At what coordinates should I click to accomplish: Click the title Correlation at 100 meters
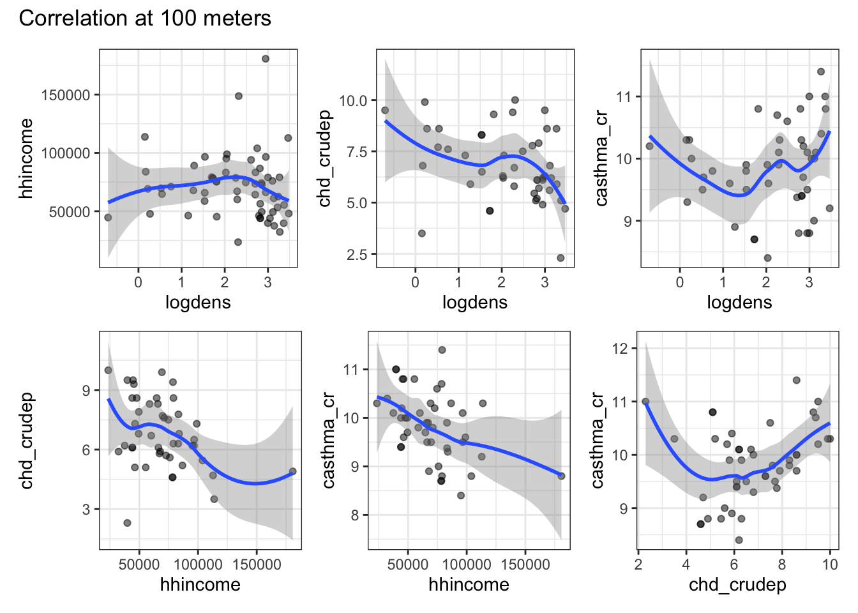click(x=145, y=19)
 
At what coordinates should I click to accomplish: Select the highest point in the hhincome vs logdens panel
click(x=266, y=59)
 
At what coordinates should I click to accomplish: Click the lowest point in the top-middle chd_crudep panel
click(x=561, y=258)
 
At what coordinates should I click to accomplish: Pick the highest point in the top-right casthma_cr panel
click(x=821, y=72)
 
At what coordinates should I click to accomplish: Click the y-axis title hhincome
click(x=26, y=158)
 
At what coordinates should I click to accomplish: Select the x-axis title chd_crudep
click(x=737, y=584)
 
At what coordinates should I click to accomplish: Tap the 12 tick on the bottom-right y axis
click(x=620, y=349)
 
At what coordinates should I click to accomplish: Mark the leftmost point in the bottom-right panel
click(x=645, y=402)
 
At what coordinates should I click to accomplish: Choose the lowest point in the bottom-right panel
click(x=739, y=540)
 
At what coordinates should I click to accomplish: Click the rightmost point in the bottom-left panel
click(x=292, y=472)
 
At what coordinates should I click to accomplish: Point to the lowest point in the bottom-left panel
click(x=127, y=523)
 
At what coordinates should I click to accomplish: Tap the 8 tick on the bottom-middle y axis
click(x=355, y=515)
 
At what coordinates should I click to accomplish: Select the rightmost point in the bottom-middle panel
click(x=561, y=476)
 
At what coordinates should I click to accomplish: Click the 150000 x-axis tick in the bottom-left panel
click(x=257, y=564)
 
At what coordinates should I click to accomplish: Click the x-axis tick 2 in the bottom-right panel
click(x=638, y=564)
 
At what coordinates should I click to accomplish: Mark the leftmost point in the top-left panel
click(x=108, y=218)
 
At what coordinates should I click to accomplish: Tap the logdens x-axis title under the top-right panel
click(x=739, y=302)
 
